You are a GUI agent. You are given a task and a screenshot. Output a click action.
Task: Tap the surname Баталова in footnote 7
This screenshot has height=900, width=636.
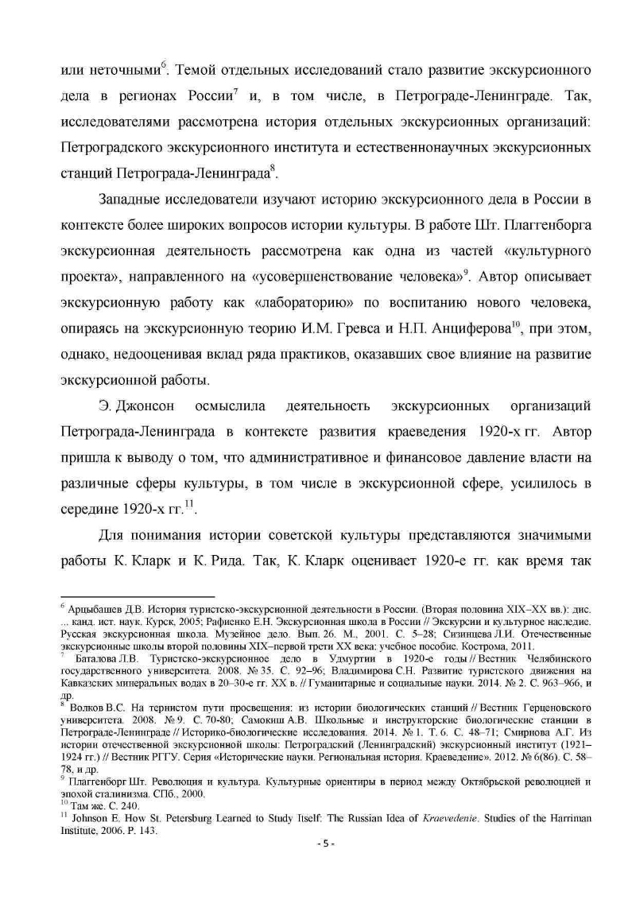(94, 658)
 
